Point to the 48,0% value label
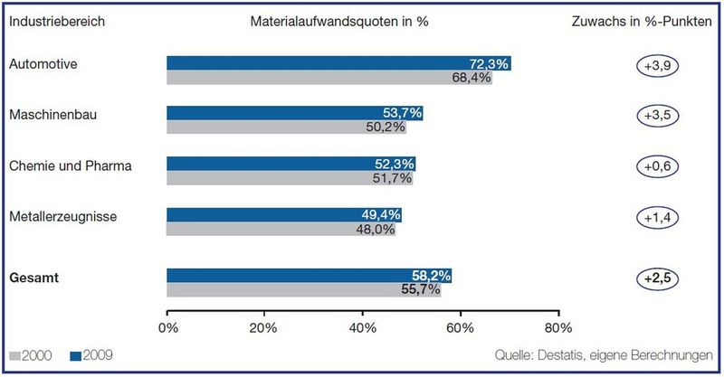coord(377,231)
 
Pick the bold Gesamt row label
coord(33,278)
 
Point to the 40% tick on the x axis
coord(363,326)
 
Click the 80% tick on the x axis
coord(558,326)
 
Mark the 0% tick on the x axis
coord(168,326)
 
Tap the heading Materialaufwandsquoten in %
coord(339,21)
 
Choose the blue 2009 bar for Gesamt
coord(308,275)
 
